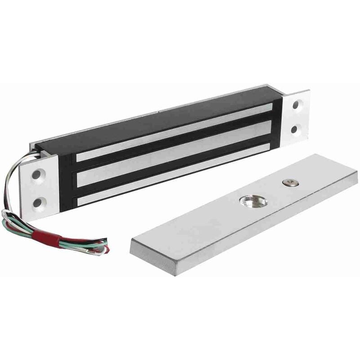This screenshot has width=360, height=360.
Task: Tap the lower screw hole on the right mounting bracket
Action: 294,130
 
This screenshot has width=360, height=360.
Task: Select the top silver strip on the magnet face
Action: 175,131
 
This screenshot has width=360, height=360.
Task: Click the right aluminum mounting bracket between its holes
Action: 296,117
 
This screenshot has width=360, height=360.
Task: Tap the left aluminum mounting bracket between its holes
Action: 38,188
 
